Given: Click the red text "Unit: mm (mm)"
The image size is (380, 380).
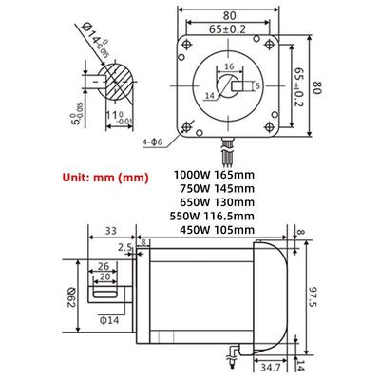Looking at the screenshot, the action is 105,178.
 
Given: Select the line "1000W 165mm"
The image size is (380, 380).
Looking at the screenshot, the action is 214,175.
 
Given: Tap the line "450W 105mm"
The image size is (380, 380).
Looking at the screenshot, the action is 217,230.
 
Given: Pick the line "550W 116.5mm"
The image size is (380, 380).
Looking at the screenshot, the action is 212,216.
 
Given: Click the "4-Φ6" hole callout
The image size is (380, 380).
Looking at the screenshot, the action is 152,142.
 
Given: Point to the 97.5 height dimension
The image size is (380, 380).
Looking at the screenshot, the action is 313,296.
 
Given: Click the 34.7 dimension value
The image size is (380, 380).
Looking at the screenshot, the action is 271,368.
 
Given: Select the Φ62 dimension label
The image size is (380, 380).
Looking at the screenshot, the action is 70,297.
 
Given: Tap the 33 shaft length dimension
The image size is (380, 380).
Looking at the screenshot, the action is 111,231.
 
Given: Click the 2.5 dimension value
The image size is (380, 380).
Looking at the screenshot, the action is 124,247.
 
